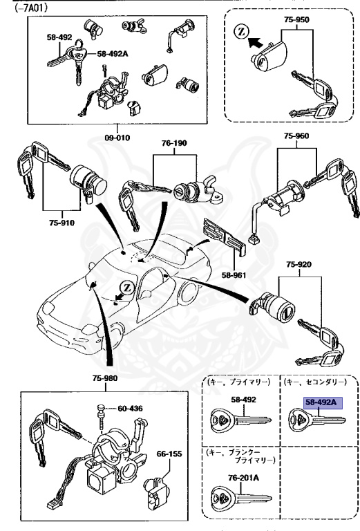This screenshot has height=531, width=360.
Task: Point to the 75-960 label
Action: coord(299,136)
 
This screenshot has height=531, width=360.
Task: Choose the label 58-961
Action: coord(233,274)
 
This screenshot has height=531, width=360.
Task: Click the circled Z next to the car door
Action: coord(125,287)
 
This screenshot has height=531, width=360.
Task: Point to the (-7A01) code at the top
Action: coord(20,6)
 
